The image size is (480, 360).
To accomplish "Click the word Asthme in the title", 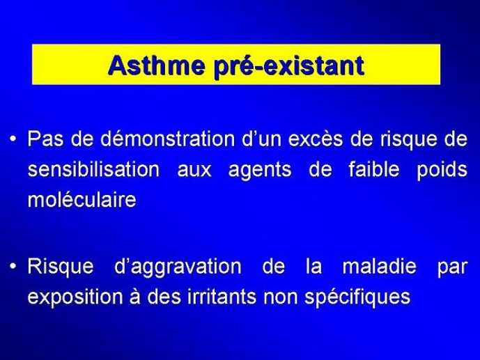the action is click(157, 65).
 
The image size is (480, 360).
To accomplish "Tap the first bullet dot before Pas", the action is click(13, 139).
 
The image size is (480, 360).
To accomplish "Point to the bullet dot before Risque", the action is click(13, 267).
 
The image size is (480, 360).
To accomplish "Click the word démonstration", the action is click(168, 139).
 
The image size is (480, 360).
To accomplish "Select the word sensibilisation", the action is click(93, 169).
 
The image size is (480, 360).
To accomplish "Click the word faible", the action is click(374, 169).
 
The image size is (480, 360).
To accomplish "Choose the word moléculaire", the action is click(82, 200).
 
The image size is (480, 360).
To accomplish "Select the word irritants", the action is click(222, 296).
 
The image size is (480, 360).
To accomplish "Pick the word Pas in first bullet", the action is click(45, 139).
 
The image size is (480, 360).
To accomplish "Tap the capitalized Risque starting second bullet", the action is click(61, 267).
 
